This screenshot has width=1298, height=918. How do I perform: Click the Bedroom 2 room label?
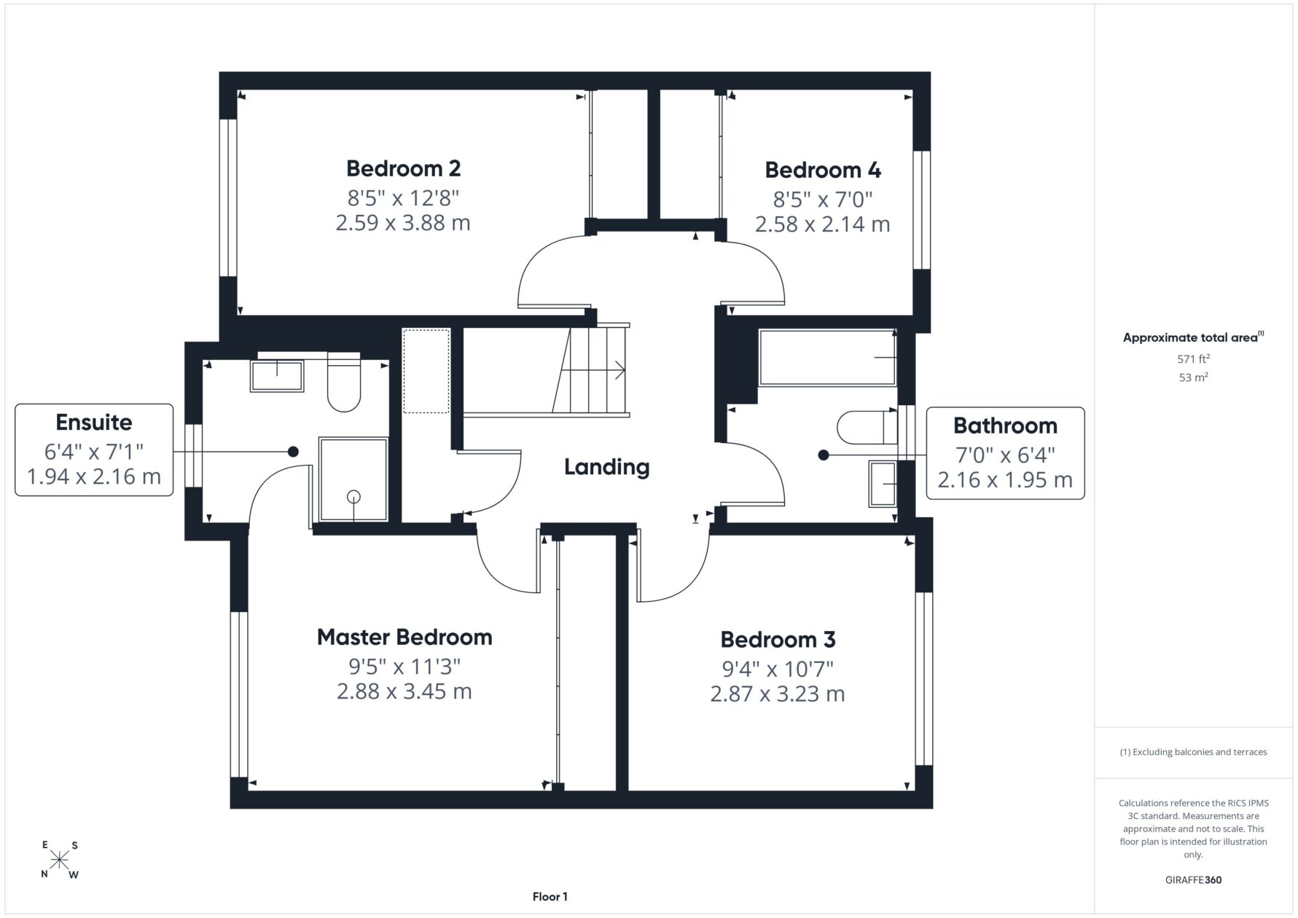pos(403,168)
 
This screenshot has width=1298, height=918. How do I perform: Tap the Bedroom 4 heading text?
pos(823,170)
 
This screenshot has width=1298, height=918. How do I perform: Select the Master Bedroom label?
pos(404,637)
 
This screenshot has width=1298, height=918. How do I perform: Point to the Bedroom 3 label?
pos(778,639)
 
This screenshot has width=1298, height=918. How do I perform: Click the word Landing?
pos(606,467)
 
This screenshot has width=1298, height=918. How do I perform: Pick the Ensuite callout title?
pos(94,422)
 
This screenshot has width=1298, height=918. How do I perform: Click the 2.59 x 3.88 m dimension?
pos(403,222)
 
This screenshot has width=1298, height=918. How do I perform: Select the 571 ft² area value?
pos(1193,358)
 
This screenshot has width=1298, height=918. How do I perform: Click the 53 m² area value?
pos(1193,377)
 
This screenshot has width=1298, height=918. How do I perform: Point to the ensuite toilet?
pos(344,382)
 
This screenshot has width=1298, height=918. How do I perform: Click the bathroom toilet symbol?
pos(867,428)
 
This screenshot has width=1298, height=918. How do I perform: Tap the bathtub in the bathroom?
pos(827,357)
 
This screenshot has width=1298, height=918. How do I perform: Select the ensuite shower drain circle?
pos(353,497)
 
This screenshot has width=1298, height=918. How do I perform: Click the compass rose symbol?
pos(59,860)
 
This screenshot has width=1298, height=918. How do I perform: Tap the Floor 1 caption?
pos(550,897)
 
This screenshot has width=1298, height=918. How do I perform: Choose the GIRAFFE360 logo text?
pos(1193,879)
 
